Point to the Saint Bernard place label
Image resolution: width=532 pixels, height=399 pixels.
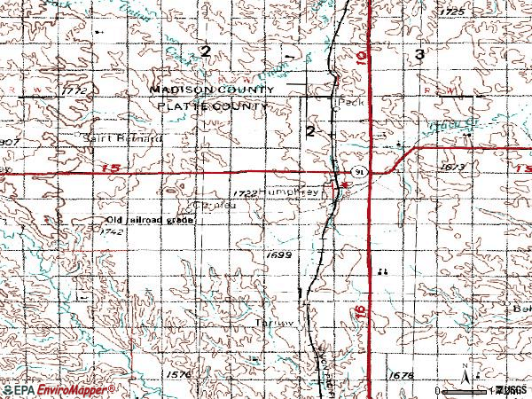(x=121, y=139)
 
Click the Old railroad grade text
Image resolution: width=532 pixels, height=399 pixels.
(x=150, y=220)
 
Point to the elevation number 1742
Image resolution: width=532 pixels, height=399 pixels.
(x=112, y=231)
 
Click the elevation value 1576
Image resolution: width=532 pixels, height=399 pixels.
(x=177, y=375)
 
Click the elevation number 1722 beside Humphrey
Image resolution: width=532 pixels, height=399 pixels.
(x=246, y=191)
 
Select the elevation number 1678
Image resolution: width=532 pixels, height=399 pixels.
(x=402, y=375)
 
